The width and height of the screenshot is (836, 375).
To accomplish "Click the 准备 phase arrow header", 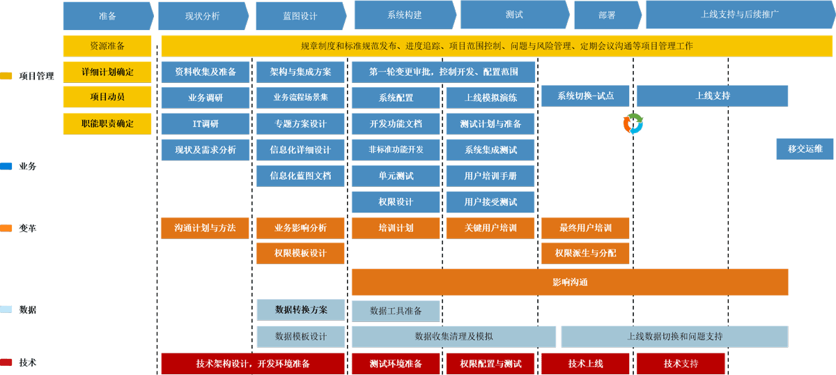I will pos(107,15).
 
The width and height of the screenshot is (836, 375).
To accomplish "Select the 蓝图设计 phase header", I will pos(300,15).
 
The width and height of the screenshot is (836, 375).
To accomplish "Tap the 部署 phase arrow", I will pos(606,15).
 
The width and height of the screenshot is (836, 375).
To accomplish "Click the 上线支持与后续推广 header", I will pos(739,14).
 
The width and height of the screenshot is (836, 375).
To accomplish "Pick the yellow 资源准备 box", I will pos(107,46).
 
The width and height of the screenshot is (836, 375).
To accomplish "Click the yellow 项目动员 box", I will pos(107,96).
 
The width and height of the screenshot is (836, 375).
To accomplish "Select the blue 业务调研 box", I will pos(205,98).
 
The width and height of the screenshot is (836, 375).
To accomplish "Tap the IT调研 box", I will pos(205,123).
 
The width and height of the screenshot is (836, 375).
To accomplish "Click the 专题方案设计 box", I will pos(300,123).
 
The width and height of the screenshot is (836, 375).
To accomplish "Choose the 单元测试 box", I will pos(396,176).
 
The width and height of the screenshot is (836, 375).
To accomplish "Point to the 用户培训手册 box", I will pos(490,176).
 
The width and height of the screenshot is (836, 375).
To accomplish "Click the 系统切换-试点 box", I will pos(585,95).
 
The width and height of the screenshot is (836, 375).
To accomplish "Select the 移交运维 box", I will pos(805,148).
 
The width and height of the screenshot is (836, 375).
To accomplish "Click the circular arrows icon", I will pos(633,123).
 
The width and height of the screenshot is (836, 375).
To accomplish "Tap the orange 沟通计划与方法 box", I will pos(205,228).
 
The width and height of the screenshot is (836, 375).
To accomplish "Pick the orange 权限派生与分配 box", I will pos(585,253).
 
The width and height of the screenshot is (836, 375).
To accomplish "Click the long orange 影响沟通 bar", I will pos(569,282).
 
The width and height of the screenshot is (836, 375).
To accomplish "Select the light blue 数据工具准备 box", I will pos(396,310).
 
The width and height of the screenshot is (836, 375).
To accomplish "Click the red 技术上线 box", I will pos(585,363).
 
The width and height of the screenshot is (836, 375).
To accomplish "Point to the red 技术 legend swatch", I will pos(6,362).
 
